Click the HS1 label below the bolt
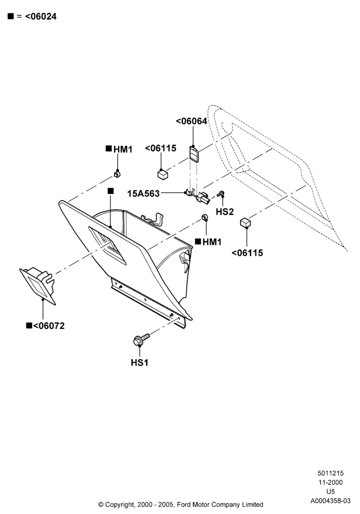139,362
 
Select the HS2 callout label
225,212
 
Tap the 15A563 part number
143,194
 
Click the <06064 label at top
191,121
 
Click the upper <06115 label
160,148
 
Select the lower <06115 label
247,253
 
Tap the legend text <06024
41,16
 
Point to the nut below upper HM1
117,174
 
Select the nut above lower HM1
205,217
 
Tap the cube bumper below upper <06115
163,174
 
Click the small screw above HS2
221,193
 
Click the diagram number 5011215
331,473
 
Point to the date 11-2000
331,482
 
